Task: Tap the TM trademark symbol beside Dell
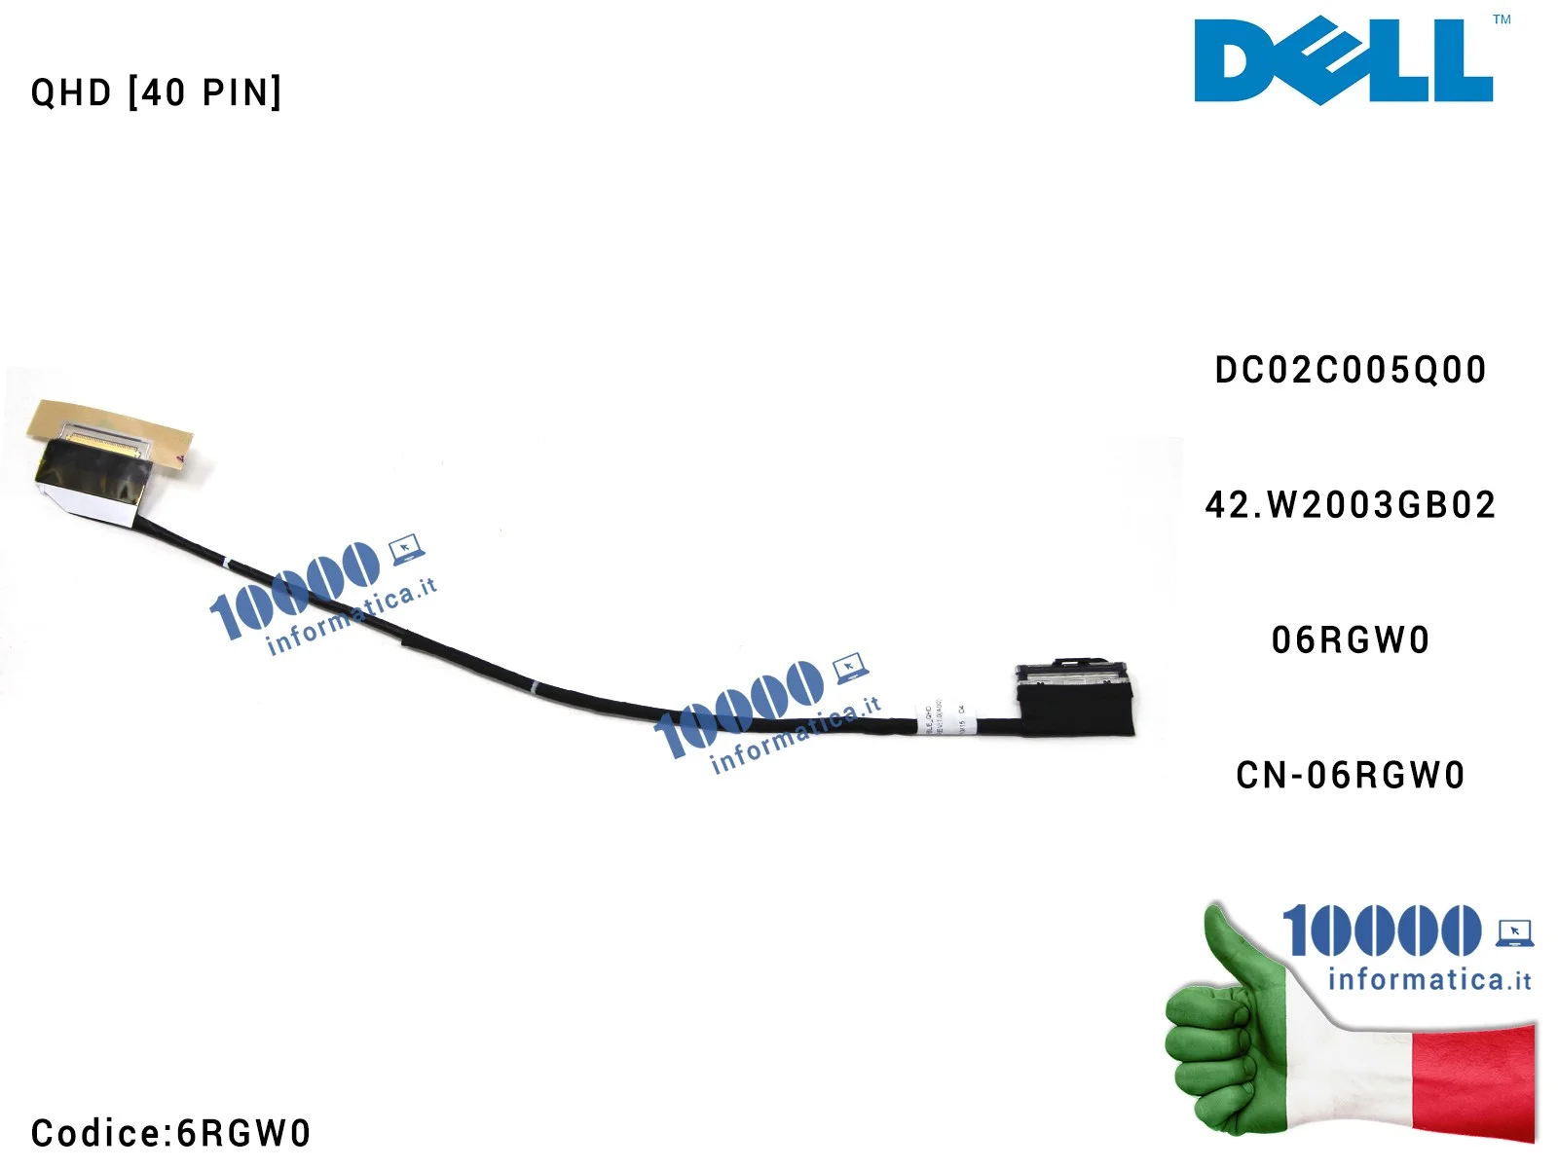(x=1502, y=19)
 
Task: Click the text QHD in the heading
(x=71, y=93)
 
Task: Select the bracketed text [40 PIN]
(x=205, y=93)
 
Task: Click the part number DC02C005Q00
(x=1351, y=371)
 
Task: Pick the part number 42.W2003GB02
(x=1351, y=505)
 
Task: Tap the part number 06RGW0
(x=1351, y=640)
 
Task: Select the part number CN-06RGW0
(x=1351, y=776)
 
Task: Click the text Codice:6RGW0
(x=171, y=1133)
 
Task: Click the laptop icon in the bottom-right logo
(x=1514, y=932)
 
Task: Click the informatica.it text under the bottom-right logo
(x=1428, y=979)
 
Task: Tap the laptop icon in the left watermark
(x=406, y=550)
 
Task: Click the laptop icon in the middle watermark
(x=850, y=668)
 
